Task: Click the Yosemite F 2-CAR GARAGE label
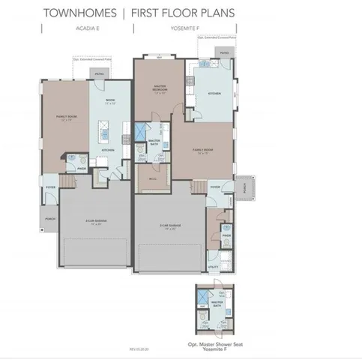(x=168, y=224)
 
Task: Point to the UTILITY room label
(x=214, y=266)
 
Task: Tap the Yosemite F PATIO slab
(x=224, y=52)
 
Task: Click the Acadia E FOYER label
(x=51, y=187)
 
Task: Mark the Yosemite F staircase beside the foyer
(x=199, y=186)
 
